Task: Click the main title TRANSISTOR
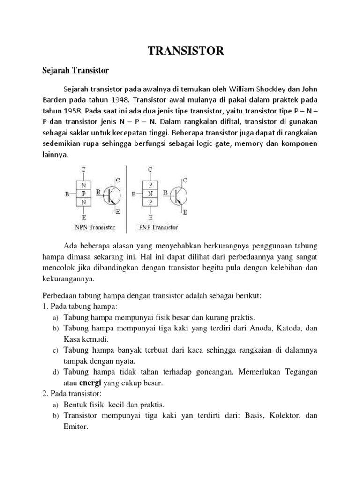point(186,51)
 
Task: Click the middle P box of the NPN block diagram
point(84,193)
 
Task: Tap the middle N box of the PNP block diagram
point(150,193)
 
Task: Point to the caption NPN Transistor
point(95,227)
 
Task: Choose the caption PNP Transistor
point(158,227)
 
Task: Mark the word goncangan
point(211,372)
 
